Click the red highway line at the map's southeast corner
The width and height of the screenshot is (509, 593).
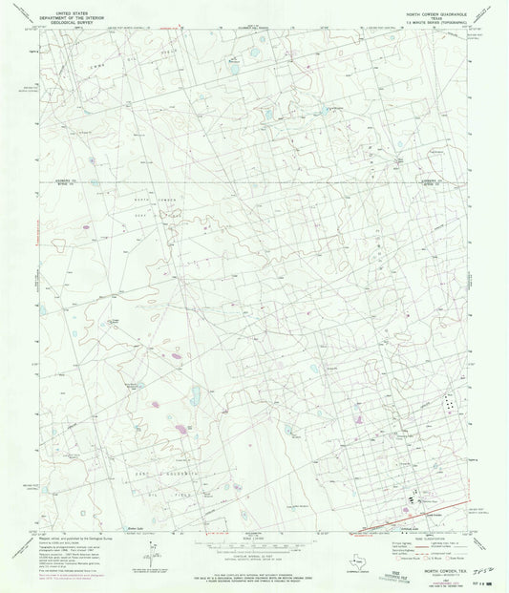401,520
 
